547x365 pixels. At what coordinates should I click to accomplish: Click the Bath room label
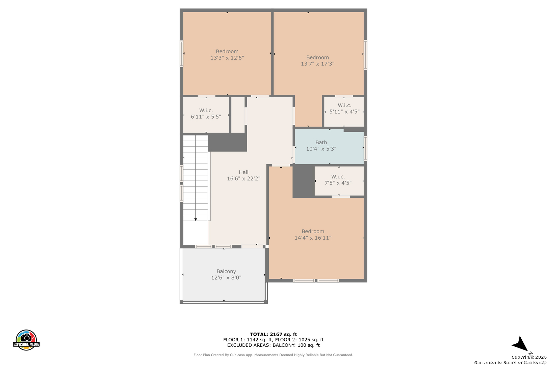tap(321, 142)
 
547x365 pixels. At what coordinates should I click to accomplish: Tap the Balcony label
tap(226, 271)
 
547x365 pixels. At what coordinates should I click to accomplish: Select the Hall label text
tap(243, 172)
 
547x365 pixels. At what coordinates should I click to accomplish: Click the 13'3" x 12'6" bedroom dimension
tap(227, 58)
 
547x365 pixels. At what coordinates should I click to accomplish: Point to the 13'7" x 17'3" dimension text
tap(317, 64)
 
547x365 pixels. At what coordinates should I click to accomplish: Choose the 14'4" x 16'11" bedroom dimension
tap(313, 238)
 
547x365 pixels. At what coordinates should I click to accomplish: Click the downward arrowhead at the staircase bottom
tap(196, 220)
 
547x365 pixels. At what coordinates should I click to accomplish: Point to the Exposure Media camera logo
tap(26, 340)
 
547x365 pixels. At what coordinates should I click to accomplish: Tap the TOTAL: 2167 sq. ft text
tap(273, 334)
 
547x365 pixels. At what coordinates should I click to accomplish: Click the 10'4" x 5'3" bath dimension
tap(321, 149)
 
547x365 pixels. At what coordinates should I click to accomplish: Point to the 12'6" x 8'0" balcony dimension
tap(226, 278)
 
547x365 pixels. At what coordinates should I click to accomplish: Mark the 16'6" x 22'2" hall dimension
tap(243, 179)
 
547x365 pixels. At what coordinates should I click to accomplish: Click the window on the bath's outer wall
tap(365, 148)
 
